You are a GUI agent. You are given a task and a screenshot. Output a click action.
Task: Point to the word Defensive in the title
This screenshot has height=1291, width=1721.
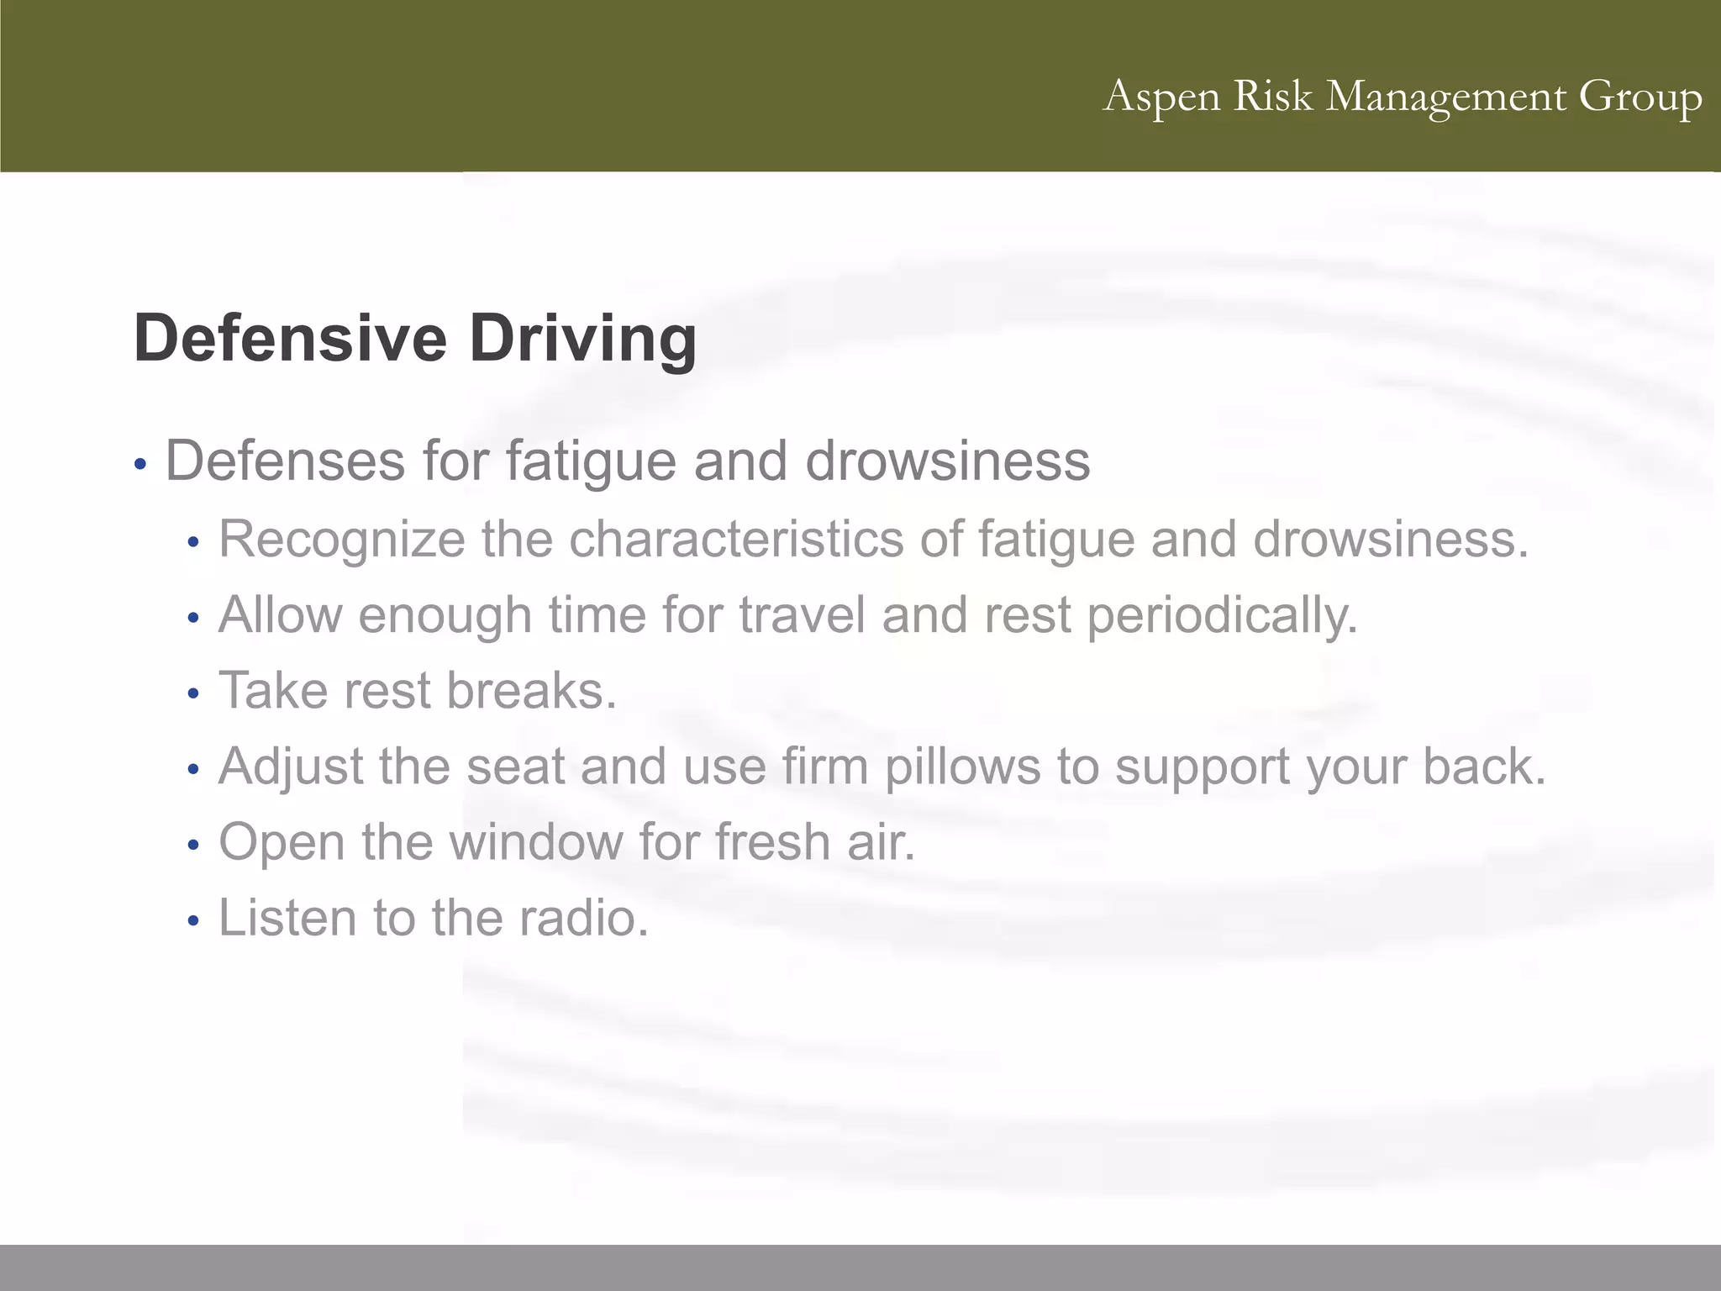click(x=290, y=338)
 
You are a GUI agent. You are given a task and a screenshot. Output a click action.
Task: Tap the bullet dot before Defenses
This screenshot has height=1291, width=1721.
click(x=140, y=464)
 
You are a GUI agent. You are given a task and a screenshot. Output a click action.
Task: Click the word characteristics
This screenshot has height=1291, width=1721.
click(x=736, y=539)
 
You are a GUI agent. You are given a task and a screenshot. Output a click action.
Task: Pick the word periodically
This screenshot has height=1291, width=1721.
click(x=1223, y=615)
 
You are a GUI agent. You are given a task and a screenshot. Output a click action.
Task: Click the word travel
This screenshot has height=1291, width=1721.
click(x=802, y=614)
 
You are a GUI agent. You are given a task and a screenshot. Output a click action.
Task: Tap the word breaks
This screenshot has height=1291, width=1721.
click(x=531, y=690)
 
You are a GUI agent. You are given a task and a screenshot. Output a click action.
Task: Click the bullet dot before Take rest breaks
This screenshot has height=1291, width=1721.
click(x=193, y=694)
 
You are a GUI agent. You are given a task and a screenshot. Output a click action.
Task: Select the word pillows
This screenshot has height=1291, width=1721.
click(x=963, y=767)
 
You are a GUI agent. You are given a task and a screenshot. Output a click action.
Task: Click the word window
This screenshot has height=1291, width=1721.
click(x=536, y=841)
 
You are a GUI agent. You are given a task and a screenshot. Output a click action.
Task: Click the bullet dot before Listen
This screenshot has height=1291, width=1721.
click(x=193, y=921)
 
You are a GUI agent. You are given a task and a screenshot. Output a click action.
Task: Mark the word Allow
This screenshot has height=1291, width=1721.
click(x=280, y=614)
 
